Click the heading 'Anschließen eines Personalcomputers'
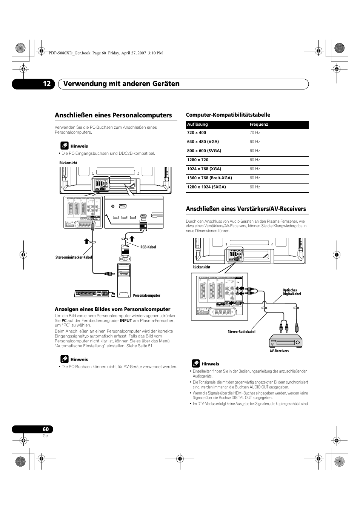(113, 115)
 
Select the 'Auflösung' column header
(197, 125)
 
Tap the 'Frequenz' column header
(259, 125)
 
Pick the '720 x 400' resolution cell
(197, 133)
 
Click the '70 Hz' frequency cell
(255, 133)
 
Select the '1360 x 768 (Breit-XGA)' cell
(209, 178)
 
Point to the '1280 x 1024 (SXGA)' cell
(206, 187)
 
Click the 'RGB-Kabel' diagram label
(148, 247)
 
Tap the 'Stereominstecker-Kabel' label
(74, 257)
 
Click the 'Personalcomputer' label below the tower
(146, 296)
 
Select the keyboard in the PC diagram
(92, 293)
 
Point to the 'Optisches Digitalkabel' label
(292, 292)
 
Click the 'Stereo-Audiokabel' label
(242, 332)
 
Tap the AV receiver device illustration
(286, 342)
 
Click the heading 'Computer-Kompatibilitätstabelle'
(228, 115)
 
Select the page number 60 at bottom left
(46, 429)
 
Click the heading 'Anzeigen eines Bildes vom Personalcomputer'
(112, 309)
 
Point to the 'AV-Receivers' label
(279, 351)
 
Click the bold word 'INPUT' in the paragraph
(126, 320)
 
